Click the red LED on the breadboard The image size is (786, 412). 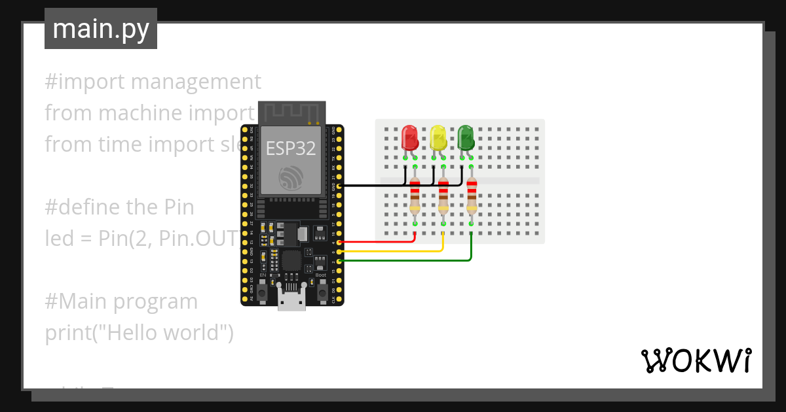[410, 137]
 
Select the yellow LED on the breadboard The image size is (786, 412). [438, 137]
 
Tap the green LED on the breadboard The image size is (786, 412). [466, 137]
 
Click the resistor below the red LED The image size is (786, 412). [415, 195]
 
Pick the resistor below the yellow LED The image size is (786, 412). [443, 195]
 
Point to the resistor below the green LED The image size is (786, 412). [472, 195]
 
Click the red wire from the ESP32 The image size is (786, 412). [380, 242]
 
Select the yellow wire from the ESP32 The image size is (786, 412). [393, 251]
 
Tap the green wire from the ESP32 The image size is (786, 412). [406, 260]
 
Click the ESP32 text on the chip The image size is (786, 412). [290, 148]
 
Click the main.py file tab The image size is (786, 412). [101, 29]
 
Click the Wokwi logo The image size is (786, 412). [696, 360]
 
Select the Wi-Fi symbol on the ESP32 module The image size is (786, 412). [290, 177]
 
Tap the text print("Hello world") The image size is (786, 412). [139, 333]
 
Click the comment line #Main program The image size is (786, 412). [121, 301]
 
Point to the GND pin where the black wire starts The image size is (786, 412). [339, 186]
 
